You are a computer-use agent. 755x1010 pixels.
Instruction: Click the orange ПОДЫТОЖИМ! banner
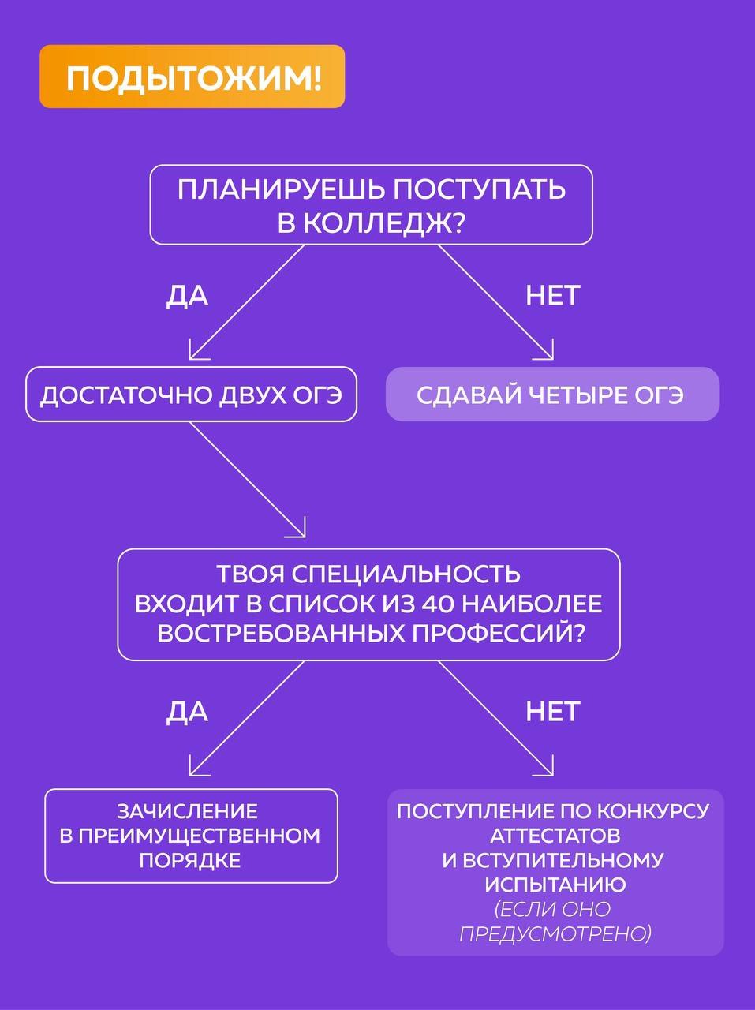[x=192, y=77]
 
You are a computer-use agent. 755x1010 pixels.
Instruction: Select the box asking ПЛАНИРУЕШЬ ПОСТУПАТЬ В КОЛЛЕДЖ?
[x=371, y=204]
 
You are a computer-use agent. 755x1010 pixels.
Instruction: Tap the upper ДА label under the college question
[x=187, y=296]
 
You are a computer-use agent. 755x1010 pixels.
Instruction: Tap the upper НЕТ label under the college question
[x=552, y=296]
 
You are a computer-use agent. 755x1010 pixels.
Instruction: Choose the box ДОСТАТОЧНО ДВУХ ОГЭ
[x=191, y=395]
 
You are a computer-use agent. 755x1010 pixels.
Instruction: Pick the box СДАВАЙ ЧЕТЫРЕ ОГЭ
[x=552, y=395]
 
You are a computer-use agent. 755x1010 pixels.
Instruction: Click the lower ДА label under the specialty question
[x=187, y=712]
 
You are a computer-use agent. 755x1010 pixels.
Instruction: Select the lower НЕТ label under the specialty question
[x=552, y=712]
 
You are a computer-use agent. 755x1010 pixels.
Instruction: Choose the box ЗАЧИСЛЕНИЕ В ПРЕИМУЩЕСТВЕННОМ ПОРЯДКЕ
[x=191, y=836]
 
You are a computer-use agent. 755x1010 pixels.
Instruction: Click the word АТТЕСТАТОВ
[x=555, y=836]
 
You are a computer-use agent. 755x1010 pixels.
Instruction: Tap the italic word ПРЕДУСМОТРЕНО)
[x=555, y=934]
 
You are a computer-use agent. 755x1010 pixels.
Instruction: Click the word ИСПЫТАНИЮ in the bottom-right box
[x=555, y=885]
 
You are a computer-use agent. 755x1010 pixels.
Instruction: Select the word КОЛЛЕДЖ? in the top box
[x=371, y=223]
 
